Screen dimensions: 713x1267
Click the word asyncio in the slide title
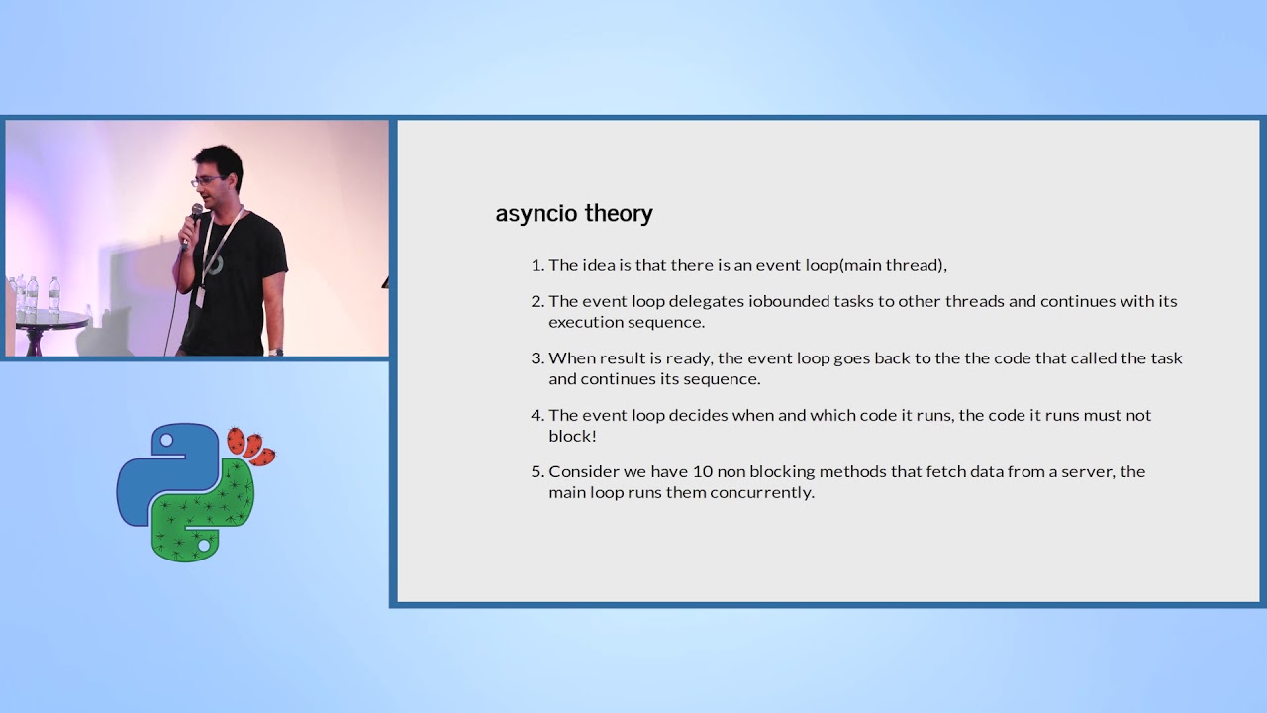tap(536, 214)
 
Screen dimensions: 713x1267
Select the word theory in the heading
tap(619, 214)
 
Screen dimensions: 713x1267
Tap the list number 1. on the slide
tap(537, 265)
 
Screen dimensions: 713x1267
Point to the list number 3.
tap(537, 358)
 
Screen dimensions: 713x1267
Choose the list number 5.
tap(537, 472)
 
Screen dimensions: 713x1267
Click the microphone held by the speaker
tap(194, 216)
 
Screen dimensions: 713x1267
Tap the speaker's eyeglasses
tap(206, 181)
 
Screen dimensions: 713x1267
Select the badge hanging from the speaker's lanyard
tap(201, 296)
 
